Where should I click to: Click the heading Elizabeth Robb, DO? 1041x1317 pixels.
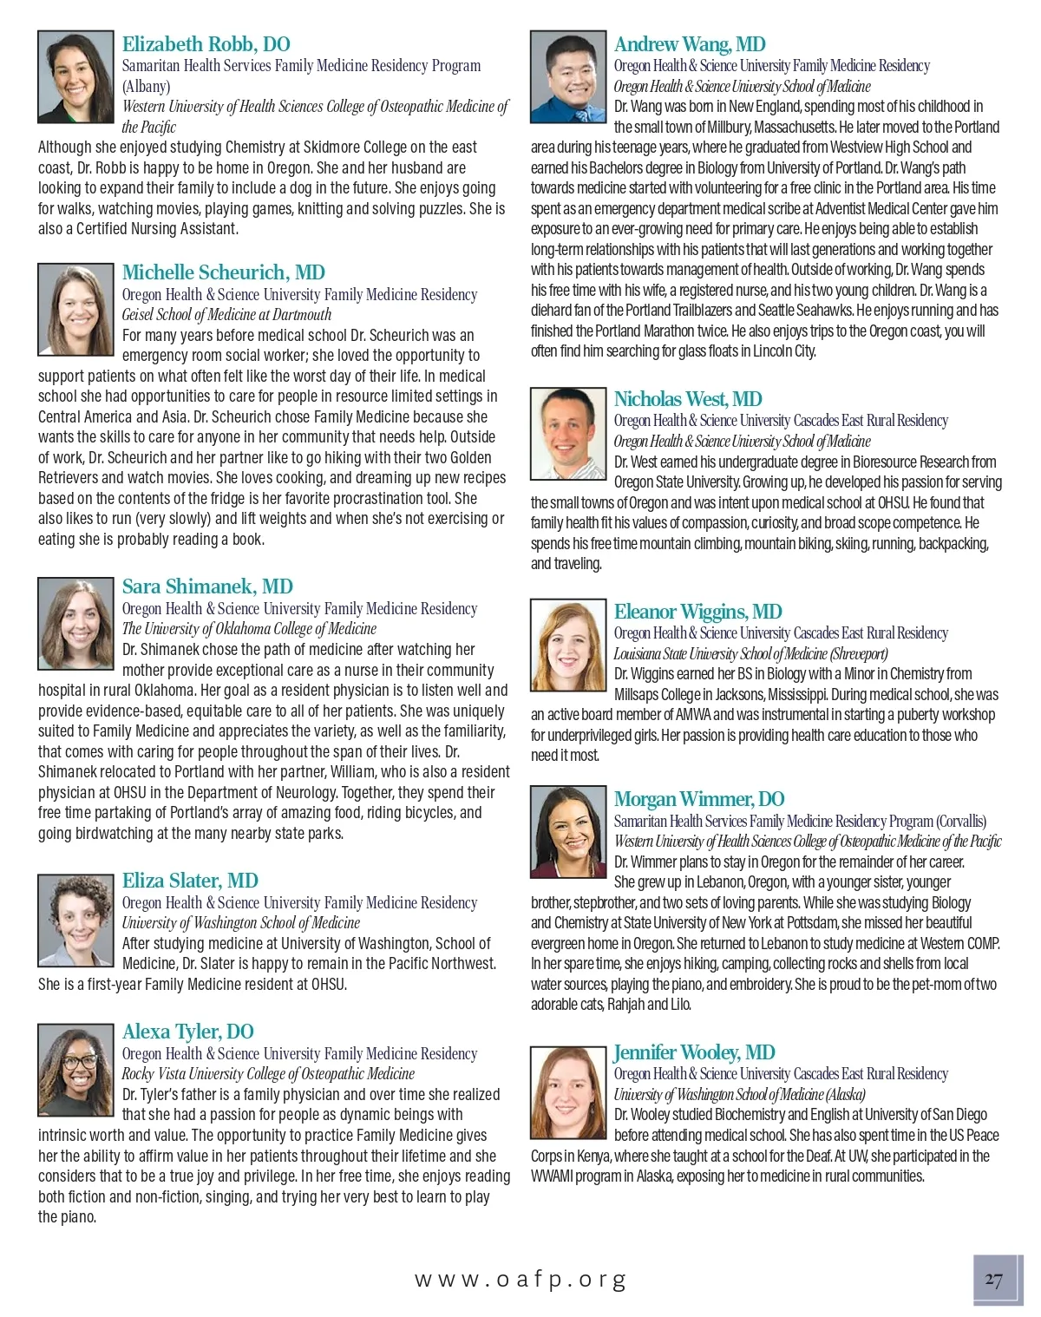coord(206,44)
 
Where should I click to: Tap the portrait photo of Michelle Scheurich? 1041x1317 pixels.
coord(75,309)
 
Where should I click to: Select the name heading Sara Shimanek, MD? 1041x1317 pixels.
coord(207,586)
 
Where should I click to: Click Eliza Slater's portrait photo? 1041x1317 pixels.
coord(75,920)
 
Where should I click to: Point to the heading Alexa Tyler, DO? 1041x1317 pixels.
coord(188,1032)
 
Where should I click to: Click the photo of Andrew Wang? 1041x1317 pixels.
coord(567,77)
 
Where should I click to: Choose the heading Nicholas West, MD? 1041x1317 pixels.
coord(688,399)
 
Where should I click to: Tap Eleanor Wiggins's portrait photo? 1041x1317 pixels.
coord(567,643)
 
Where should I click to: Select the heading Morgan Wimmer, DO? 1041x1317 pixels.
coord(699,799)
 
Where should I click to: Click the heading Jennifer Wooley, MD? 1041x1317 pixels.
coord(694,1052)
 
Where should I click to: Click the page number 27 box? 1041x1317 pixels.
coord(996,1280)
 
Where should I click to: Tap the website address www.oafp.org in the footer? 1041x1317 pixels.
coord(520,1279)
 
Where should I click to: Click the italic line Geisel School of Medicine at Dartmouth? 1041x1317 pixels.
coord(226,315)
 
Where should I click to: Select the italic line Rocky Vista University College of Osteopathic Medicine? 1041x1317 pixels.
coord(268,1074)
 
